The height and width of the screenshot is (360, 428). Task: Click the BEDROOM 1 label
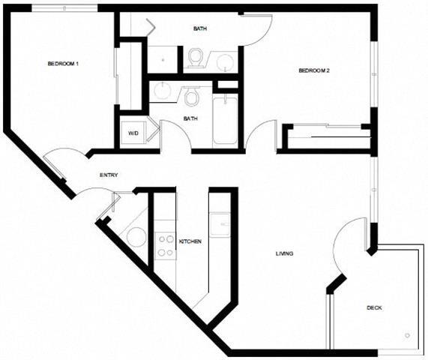tap(63, 64)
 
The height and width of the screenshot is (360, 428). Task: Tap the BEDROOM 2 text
tap(314, 71)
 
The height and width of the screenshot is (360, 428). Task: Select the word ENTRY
tap(109, 175)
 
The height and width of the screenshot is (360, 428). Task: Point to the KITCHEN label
tap(190, 241)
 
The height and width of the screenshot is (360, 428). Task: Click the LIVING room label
tap(284, 253)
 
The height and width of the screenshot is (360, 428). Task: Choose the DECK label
tap(375, 307)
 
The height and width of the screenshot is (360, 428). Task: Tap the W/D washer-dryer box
tap(133, 133)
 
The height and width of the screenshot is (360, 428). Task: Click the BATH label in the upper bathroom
tap(200, 29)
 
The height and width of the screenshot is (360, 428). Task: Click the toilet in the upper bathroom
tap(196, 56)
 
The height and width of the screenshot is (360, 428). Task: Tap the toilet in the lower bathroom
tap(191, 95)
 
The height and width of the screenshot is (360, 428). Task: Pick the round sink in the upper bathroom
tap(223, 62)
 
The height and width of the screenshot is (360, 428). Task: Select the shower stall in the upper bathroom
tap(163, 58)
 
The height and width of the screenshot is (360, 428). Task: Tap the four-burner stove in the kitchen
tap(165, 245)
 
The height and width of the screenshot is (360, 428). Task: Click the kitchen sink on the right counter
tap(220, 224)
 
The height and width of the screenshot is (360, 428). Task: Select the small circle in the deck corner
tap(408, 335)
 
